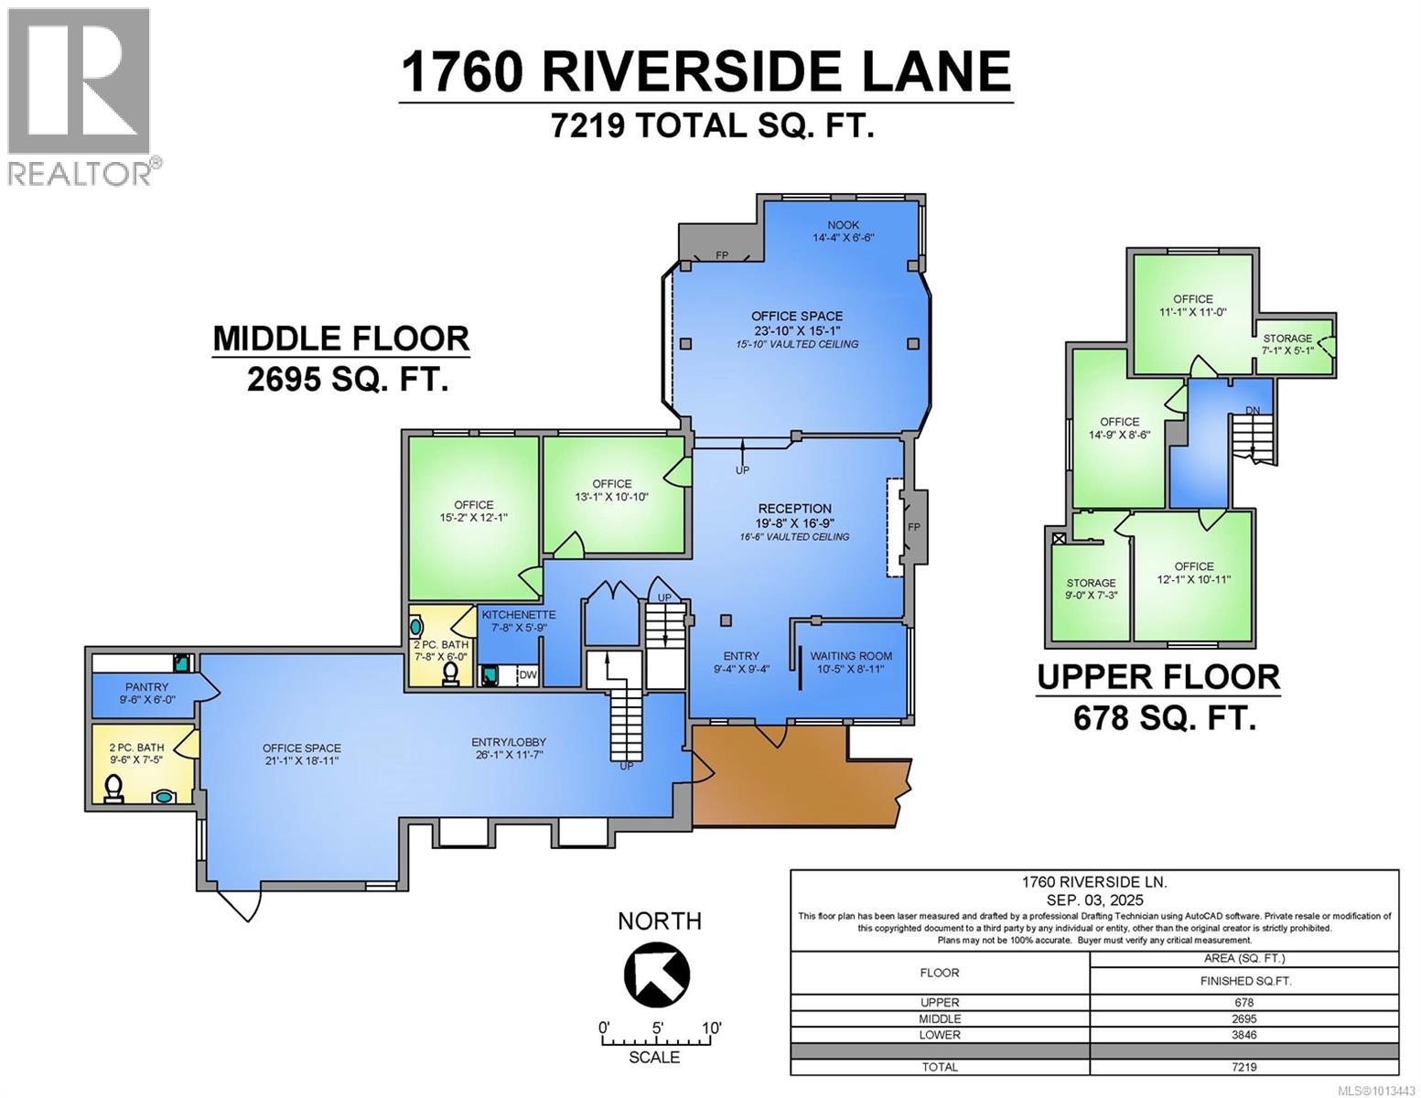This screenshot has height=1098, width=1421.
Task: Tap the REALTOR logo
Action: coord(80,96)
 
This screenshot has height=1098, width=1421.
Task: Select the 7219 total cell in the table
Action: coord(1243,1067)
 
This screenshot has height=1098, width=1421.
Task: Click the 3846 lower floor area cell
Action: coord(1243,1035)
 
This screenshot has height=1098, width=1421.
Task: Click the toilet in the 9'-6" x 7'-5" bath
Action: coord(114,789)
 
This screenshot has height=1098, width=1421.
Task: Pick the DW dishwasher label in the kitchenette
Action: coord(527,675)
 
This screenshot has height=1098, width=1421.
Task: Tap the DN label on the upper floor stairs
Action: coord(1253,409)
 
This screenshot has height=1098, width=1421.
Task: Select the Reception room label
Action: coord(794,509)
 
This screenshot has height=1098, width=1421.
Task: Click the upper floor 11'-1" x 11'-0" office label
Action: coord(1192,299)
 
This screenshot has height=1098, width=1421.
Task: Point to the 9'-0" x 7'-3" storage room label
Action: coord(1090,583)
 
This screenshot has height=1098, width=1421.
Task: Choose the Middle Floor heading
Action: coord(340,339)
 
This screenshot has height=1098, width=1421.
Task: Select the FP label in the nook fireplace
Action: coord(722,255)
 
